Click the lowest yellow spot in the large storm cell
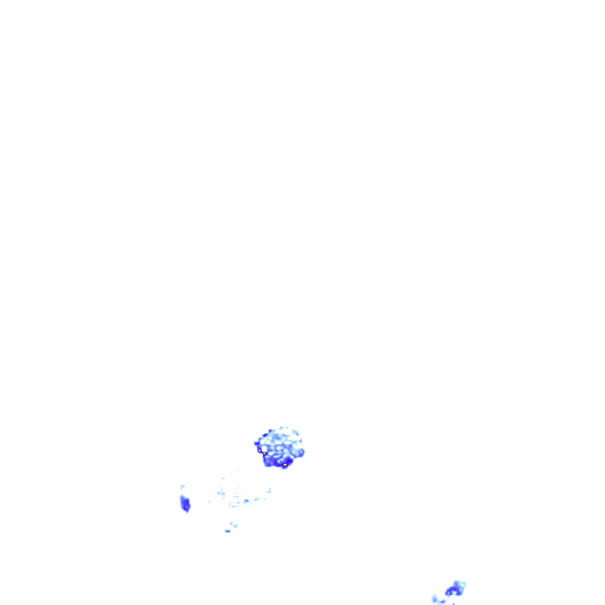click(285, 465)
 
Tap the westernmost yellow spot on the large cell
click(259, 450)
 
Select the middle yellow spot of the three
click(265, 453)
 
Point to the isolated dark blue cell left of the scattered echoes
click(185, 504)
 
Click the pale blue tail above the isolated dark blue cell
click(183, 488)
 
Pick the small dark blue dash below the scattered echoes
click(227, 531)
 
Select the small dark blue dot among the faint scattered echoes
click(246, 501)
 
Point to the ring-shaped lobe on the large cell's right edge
click(301, 453)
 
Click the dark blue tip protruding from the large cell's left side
click(256, 443)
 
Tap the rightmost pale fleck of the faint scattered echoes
click(269, 490)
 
